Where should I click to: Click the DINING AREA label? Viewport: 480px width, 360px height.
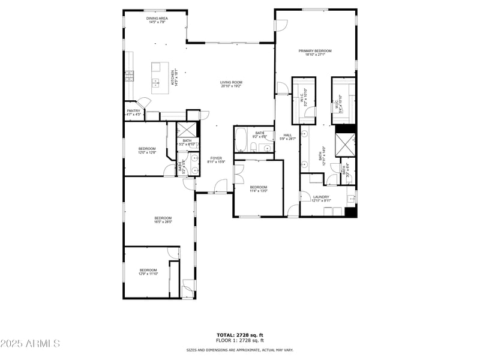[x=157, y=20]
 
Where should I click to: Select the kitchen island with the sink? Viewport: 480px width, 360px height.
[x=159, y=78]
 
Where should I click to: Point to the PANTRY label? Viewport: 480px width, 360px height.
[x=133, y=112]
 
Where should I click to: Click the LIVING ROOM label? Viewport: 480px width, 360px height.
[x=231, y=84]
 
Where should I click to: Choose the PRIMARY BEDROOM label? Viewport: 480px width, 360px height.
[x=315, y=53]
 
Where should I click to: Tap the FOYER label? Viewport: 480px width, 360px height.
[x=216, y=160]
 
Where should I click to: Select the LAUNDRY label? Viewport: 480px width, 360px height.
[x=320, y=199]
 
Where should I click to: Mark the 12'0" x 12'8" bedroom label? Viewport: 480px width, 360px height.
[x=147, y=151]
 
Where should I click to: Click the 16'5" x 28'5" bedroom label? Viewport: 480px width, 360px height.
[x=163, y=220]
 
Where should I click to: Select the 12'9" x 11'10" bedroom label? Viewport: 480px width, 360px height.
[x=148, y=272]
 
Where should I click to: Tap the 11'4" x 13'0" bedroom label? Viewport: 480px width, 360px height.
[x=258, y=189]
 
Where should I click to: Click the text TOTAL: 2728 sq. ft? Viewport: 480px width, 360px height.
[x=239, y=335]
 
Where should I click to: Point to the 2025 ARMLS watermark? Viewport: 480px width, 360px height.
[x=30, y=344]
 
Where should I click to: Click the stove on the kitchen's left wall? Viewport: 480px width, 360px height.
[x=129, y=76]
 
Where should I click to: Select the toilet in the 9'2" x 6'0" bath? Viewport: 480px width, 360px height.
[x=254, y=147]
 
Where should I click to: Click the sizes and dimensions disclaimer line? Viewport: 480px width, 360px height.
[x=239, y=350]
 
